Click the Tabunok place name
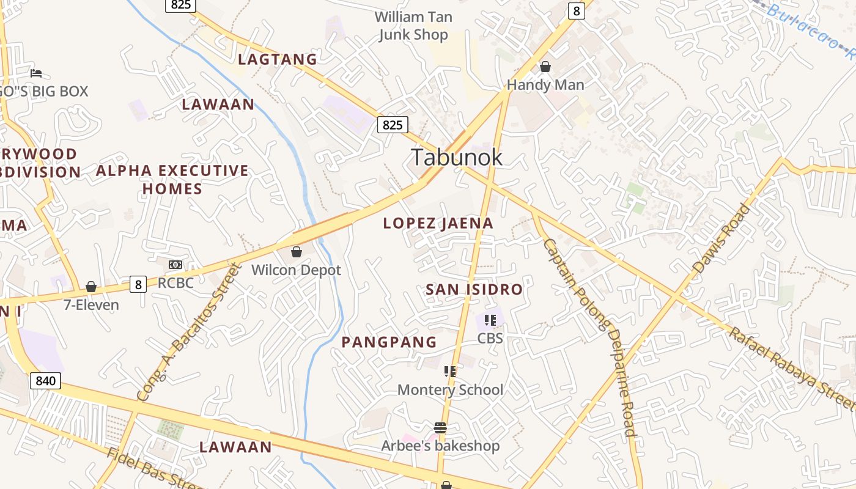click(x=456, y=157)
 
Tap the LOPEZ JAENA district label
click(x=438, y=223)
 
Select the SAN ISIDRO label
click(x=474, y=289)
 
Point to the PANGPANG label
click(x=389, y=342)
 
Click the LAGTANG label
click(x=278, y=59)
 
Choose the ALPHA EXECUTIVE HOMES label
click(x=172, y=179)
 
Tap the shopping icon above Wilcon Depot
click(x=297, y=252)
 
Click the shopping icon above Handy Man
click(x=545, y=67)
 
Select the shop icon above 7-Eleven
click(x=91, y=287)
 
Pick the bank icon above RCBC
click(x=175, y=265)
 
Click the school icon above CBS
click(x=490, y=320)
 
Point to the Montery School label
click(x=450, y=390)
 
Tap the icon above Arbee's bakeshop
click(x=440, y=428)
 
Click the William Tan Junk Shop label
click(x=413, y=26)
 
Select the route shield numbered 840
click(x=45, y=381)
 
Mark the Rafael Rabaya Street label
click(x=792, y=370)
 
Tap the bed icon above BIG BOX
click(x=36, y=73)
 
